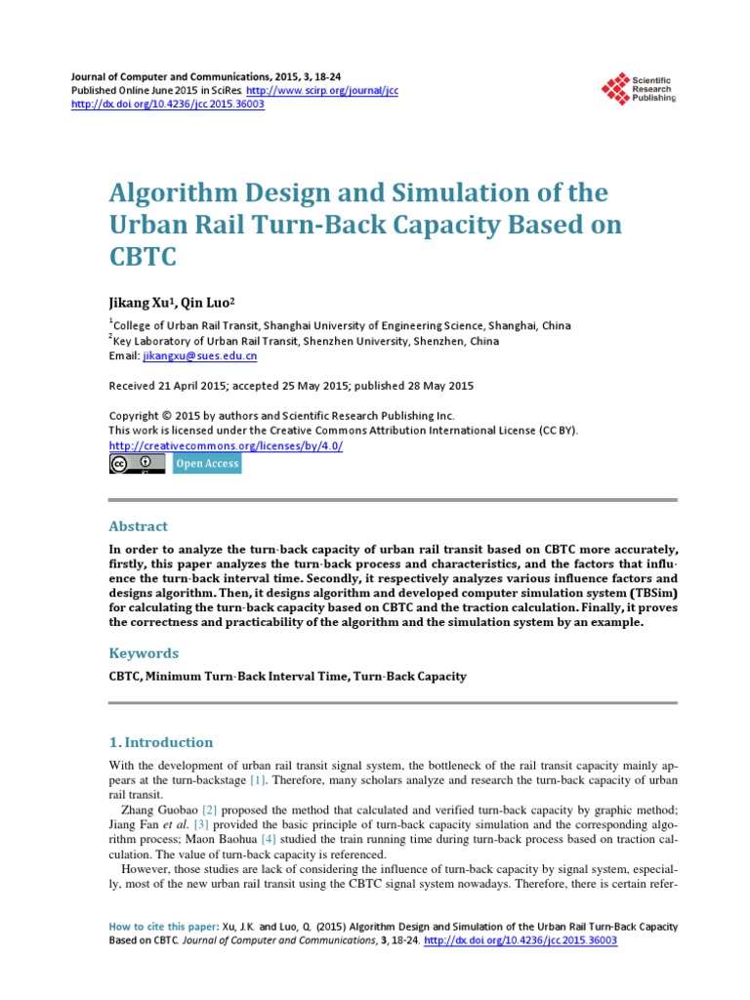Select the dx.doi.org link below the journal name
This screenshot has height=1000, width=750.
[168, 104]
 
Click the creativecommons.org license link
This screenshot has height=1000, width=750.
[225, 445]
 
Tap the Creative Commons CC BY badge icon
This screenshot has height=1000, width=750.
[137, 464]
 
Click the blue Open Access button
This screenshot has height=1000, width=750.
[206, 464]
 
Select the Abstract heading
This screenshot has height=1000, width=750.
[138, 526]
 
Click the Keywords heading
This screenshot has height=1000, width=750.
[144, 652]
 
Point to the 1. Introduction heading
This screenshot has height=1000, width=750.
[160, 742]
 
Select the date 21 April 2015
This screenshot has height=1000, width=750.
[187, 386]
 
